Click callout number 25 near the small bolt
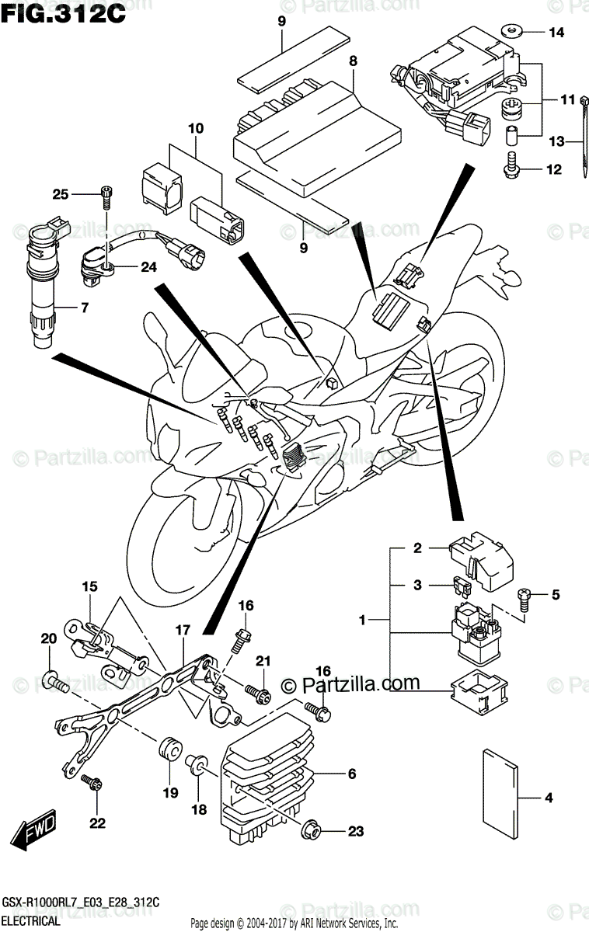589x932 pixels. click(x=61, y=193)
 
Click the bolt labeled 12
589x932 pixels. click(x=512, y=167)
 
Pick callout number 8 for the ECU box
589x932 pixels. click(x=353, y=61)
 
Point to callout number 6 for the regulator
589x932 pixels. click(x=351, y=774)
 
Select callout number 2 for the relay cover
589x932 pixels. click(x=416, y=548)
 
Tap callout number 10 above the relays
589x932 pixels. click(x=194, y=127)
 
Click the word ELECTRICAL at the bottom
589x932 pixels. click(x=32, y=921)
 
